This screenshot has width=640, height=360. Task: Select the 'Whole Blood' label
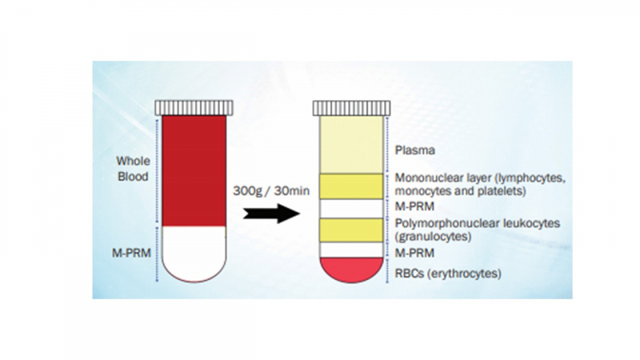point(133,169)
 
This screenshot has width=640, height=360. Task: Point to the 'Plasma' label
point(414,150)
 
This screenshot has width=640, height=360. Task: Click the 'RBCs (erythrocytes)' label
point(449,274)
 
